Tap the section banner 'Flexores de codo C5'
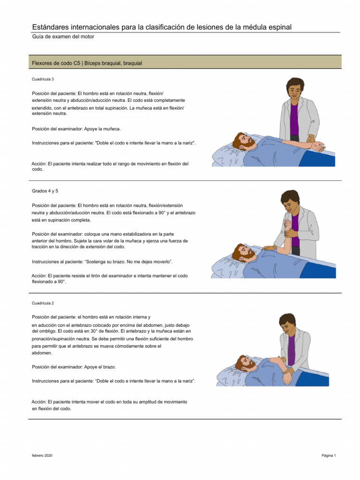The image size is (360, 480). pos(87,63)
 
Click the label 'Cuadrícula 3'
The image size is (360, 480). pos(43,79)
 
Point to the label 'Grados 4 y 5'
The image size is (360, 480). pos(45,191)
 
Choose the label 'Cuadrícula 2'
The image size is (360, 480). pos(43,303)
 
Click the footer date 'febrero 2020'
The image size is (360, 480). pos(42,456)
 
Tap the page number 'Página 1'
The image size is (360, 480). pos(328,456)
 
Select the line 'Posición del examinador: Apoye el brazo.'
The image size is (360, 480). pos(74,367)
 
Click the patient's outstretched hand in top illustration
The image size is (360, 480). pos(319,147)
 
